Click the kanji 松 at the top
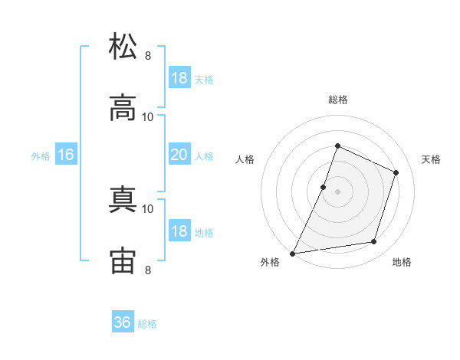click(123, 46)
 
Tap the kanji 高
click(123, 107)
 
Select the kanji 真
click(123, 199)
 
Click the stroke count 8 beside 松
click(148, 56)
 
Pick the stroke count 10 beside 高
click(147, 117)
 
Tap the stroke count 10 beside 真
click(147, 209)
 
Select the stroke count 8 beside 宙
click(148, 270)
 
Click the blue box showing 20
click(179, 154)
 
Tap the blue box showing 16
click(66, 154)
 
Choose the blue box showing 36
click(123, 321)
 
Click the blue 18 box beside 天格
click(179, 77)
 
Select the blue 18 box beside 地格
click(179, 230)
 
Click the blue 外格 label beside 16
click(41, 156)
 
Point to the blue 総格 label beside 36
click(147, 324)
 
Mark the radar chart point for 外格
click(292, 254)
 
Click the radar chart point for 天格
click(396, 172)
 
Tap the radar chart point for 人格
click(323, 188)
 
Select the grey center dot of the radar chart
click(337, 192)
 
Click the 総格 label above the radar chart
click(338, 100)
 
